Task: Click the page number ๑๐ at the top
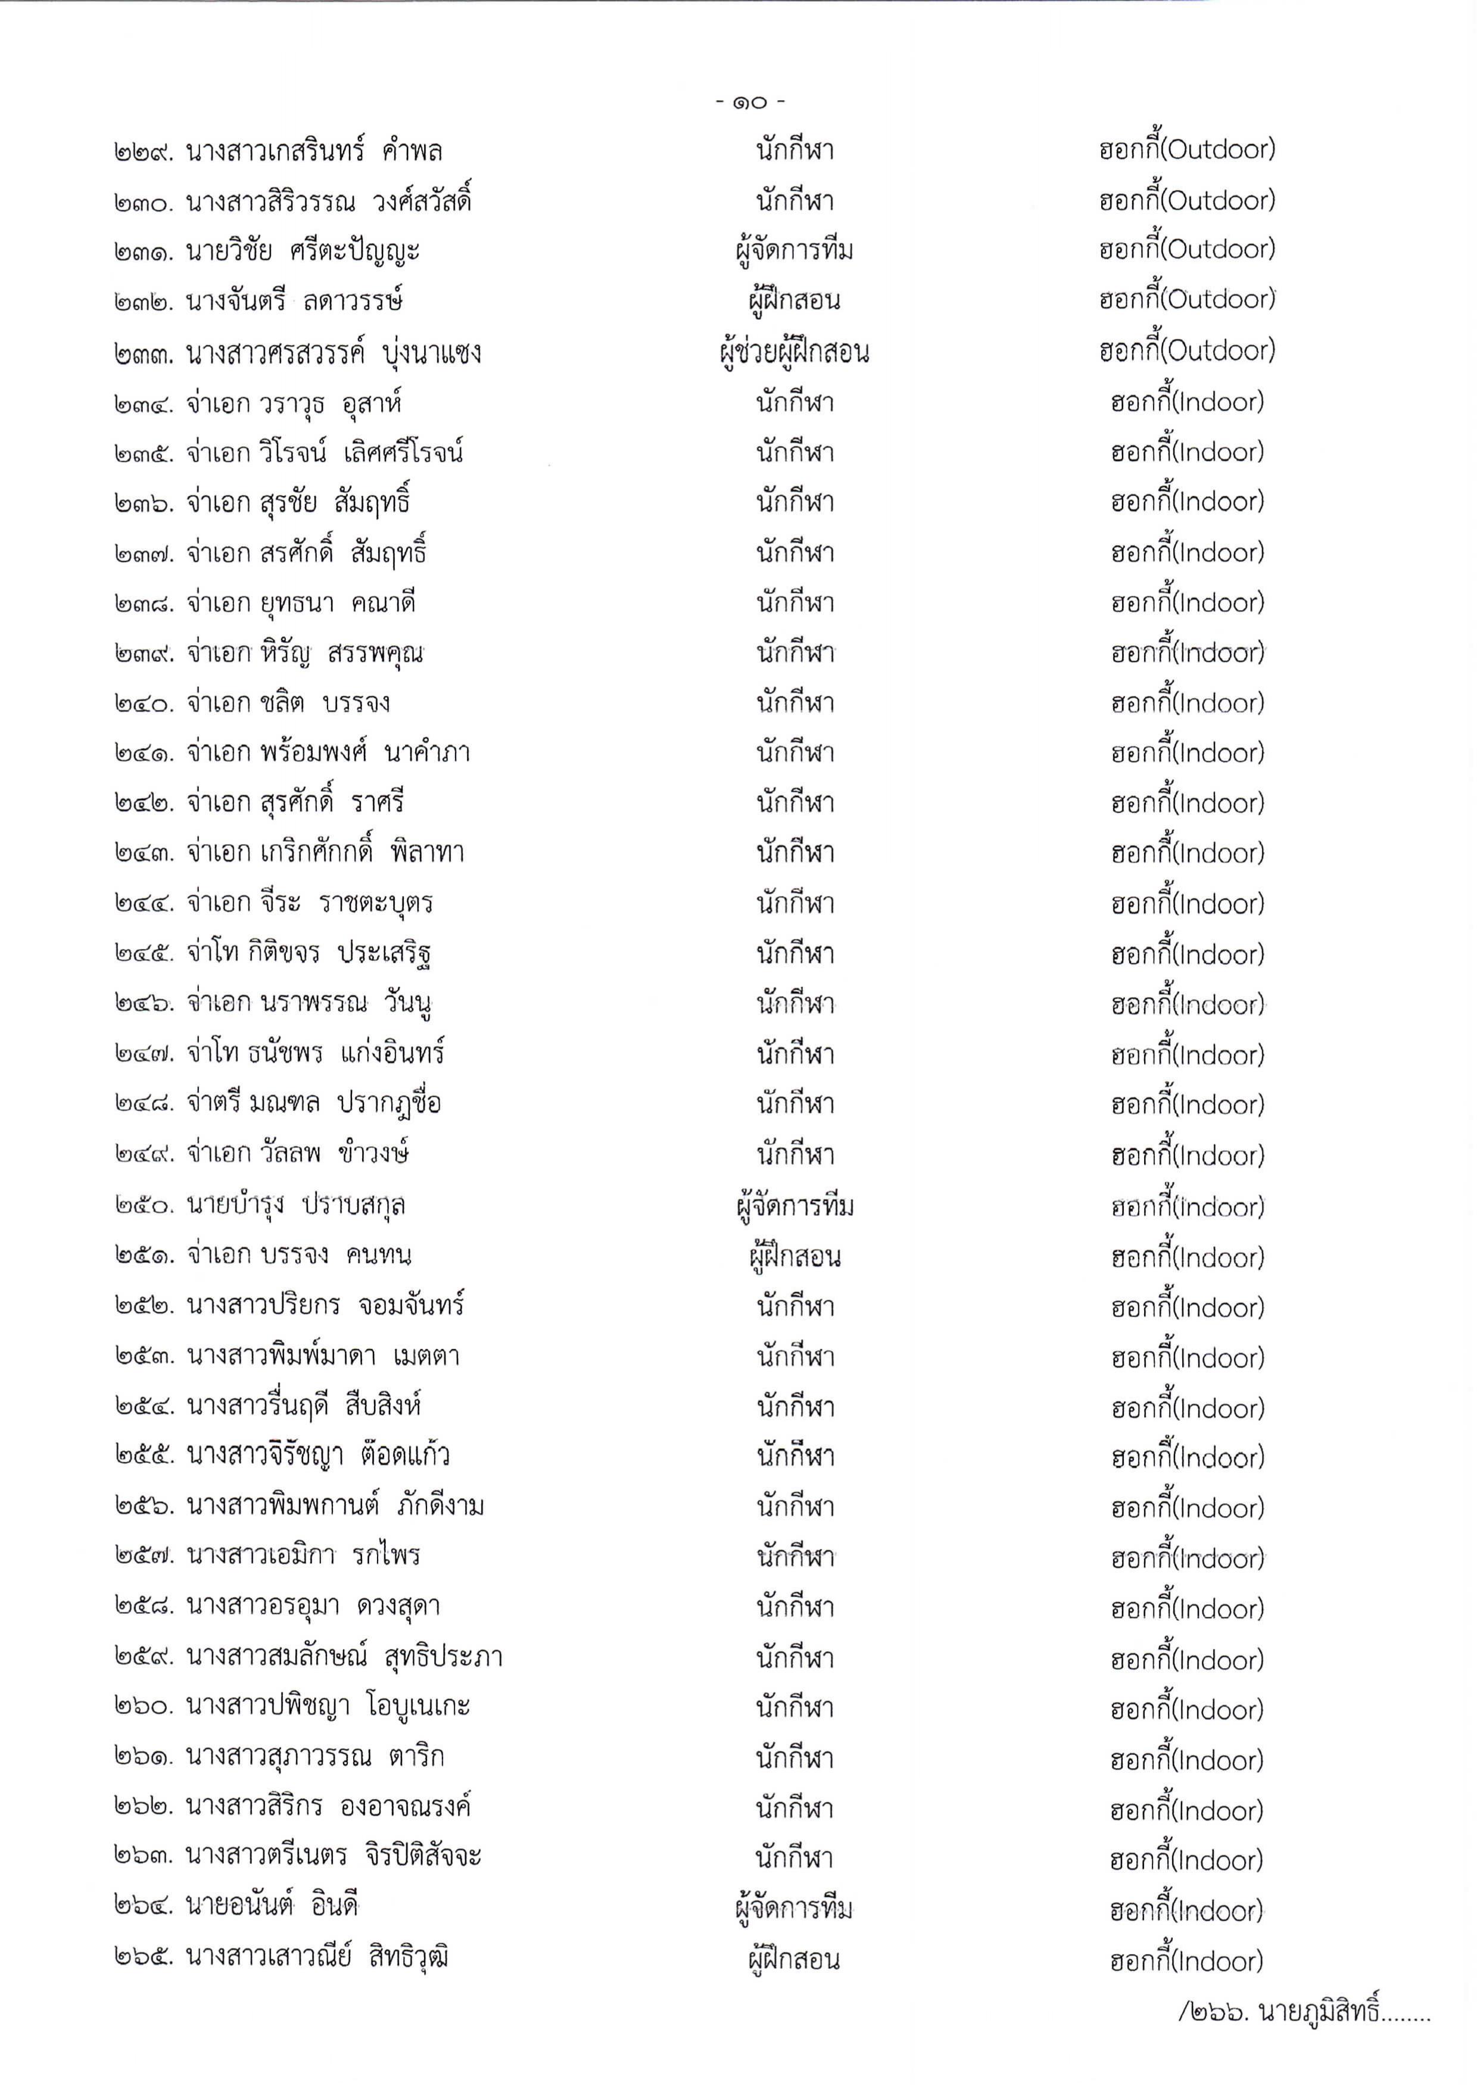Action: click(x=749, y=104)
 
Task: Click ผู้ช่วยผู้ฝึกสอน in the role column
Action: click(x=793, y=353)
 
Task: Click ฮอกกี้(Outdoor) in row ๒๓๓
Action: click(x=1187, y=351)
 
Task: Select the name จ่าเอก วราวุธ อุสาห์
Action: click(x=294, y=403)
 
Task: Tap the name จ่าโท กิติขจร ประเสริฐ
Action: click(x=309, y=953)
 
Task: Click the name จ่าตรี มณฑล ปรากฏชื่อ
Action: click(x=314, y=1103)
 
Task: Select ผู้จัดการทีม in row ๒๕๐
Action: click(x=794, y=1207)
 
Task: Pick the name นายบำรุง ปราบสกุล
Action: click(x=297, y=1205)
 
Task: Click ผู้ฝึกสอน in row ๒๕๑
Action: click(x=794, y=1257)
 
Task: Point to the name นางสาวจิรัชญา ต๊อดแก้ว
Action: click(x=318, y=1455)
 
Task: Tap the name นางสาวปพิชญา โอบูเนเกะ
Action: click(x=328, y=1707)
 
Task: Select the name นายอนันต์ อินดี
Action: click(x=273, y=1907)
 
